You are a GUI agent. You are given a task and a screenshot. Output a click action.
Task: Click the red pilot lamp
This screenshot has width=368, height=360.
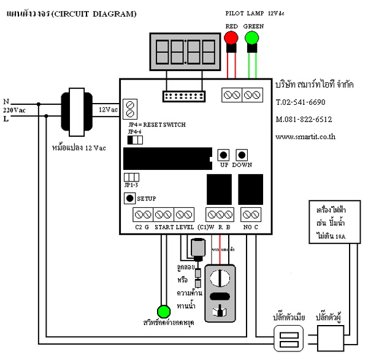click(x=231, y=38)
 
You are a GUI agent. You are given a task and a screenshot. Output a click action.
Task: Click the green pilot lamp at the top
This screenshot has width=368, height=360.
click(x=252, y=38)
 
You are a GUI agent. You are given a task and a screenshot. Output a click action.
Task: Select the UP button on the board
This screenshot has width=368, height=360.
click(x=224, y=155)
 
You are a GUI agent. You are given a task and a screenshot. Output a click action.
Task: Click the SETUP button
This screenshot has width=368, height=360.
click(x=129, y=198)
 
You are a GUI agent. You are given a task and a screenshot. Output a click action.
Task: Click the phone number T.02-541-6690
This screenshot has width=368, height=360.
click(x=301, y=102)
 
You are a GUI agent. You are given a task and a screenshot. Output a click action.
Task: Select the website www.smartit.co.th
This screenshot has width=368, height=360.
click(x=305, y=137)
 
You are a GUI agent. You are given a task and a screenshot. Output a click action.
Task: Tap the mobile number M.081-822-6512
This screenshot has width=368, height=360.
click(x=304, y=120)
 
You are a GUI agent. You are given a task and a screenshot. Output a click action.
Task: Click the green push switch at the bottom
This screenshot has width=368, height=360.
click(x=163, y=310)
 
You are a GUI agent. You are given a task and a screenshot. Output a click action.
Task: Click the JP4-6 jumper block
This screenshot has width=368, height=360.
click(x=134, y=140)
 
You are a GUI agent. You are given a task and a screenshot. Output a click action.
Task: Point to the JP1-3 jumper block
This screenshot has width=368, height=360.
click(x=131, y=177)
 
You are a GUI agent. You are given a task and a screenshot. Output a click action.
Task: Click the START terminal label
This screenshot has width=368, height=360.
click(x=164, y=228)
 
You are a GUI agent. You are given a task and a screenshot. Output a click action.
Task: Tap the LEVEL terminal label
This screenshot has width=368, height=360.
click(x=185, y=228)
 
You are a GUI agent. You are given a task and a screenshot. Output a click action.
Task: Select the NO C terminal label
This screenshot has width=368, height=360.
click(x=251, y=228)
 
